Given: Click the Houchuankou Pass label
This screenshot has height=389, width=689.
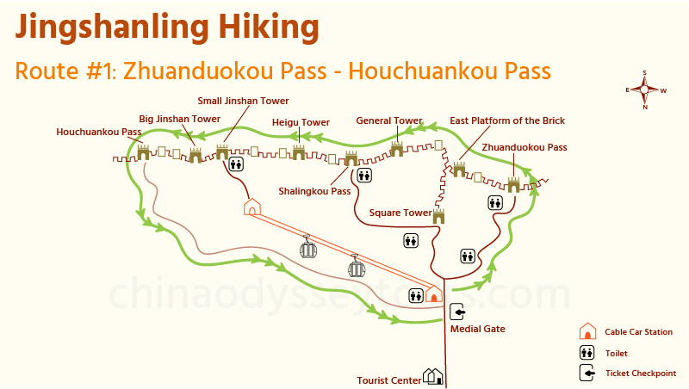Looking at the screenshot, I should (x=98, y=133).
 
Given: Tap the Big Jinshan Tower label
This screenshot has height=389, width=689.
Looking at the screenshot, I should (x=180, y=119).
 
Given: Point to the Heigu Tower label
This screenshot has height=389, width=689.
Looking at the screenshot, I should (x=301, y=122).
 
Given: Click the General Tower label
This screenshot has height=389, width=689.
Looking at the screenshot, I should (x=389, y=120).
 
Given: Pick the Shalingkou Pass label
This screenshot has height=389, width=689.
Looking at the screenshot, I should (x=314, y=191).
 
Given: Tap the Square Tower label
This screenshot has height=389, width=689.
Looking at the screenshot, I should (x=400, y=213).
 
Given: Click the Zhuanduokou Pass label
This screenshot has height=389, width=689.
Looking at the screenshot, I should (x=525, y=147).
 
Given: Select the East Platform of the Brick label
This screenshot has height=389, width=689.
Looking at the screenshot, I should (x=507, y=120).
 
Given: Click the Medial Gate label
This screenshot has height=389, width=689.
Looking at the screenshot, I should (x=478, y=328).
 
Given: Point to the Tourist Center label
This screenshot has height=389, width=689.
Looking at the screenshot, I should (x=388, y=380).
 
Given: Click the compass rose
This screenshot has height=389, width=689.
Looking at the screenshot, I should (x=645, y=89).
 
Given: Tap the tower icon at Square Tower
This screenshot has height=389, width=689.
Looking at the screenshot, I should (x=438, y=215).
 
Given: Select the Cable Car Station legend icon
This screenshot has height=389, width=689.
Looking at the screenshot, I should (x=587, y=331).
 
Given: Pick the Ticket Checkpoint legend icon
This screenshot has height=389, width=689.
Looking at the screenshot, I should (x=587, y=374).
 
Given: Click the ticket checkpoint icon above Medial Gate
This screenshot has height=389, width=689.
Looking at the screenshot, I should (x=456, y=312).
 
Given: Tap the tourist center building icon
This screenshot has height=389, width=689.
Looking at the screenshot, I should (x=432, y=376).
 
